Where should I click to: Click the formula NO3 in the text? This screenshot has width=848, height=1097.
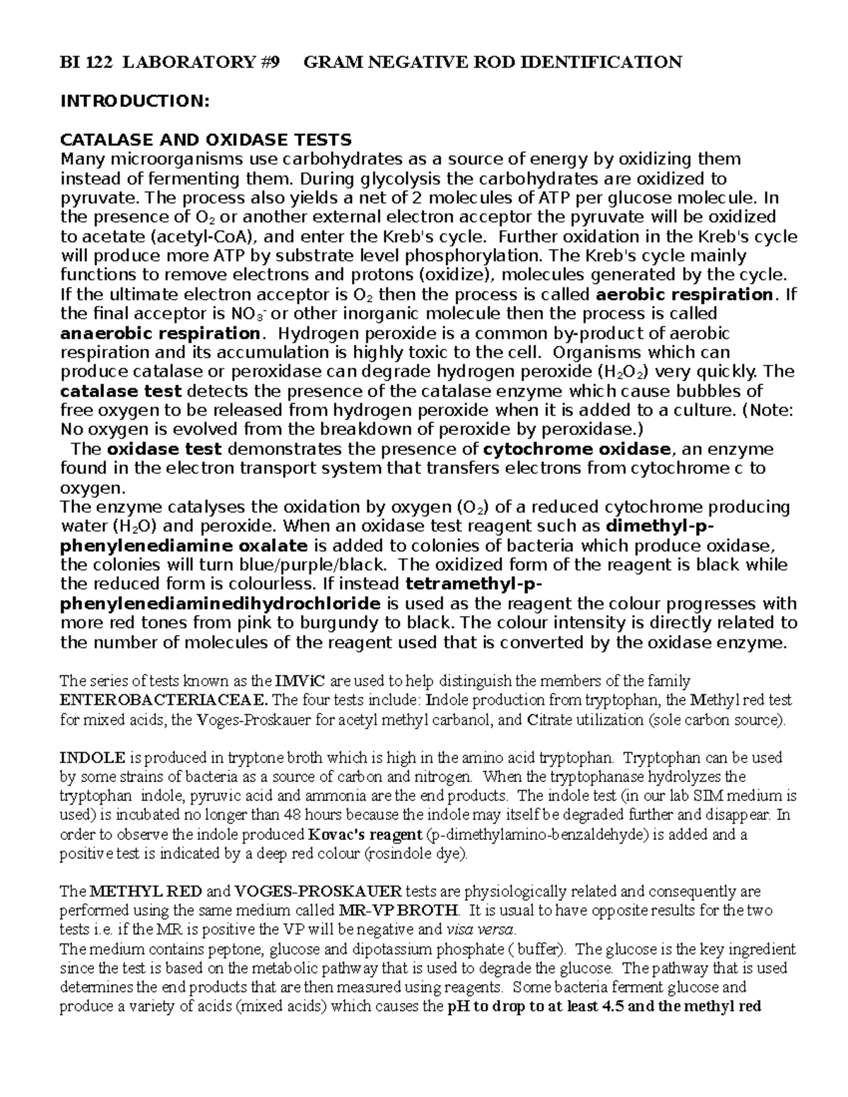[247, 314]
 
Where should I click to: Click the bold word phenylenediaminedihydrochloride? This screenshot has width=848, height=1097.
[220, 604]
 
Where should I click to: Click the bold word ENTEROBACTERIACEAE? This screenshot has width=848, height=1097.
[164, 700]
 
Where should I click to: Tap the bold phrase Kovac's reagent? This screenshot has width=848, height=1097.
[367, 834]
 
